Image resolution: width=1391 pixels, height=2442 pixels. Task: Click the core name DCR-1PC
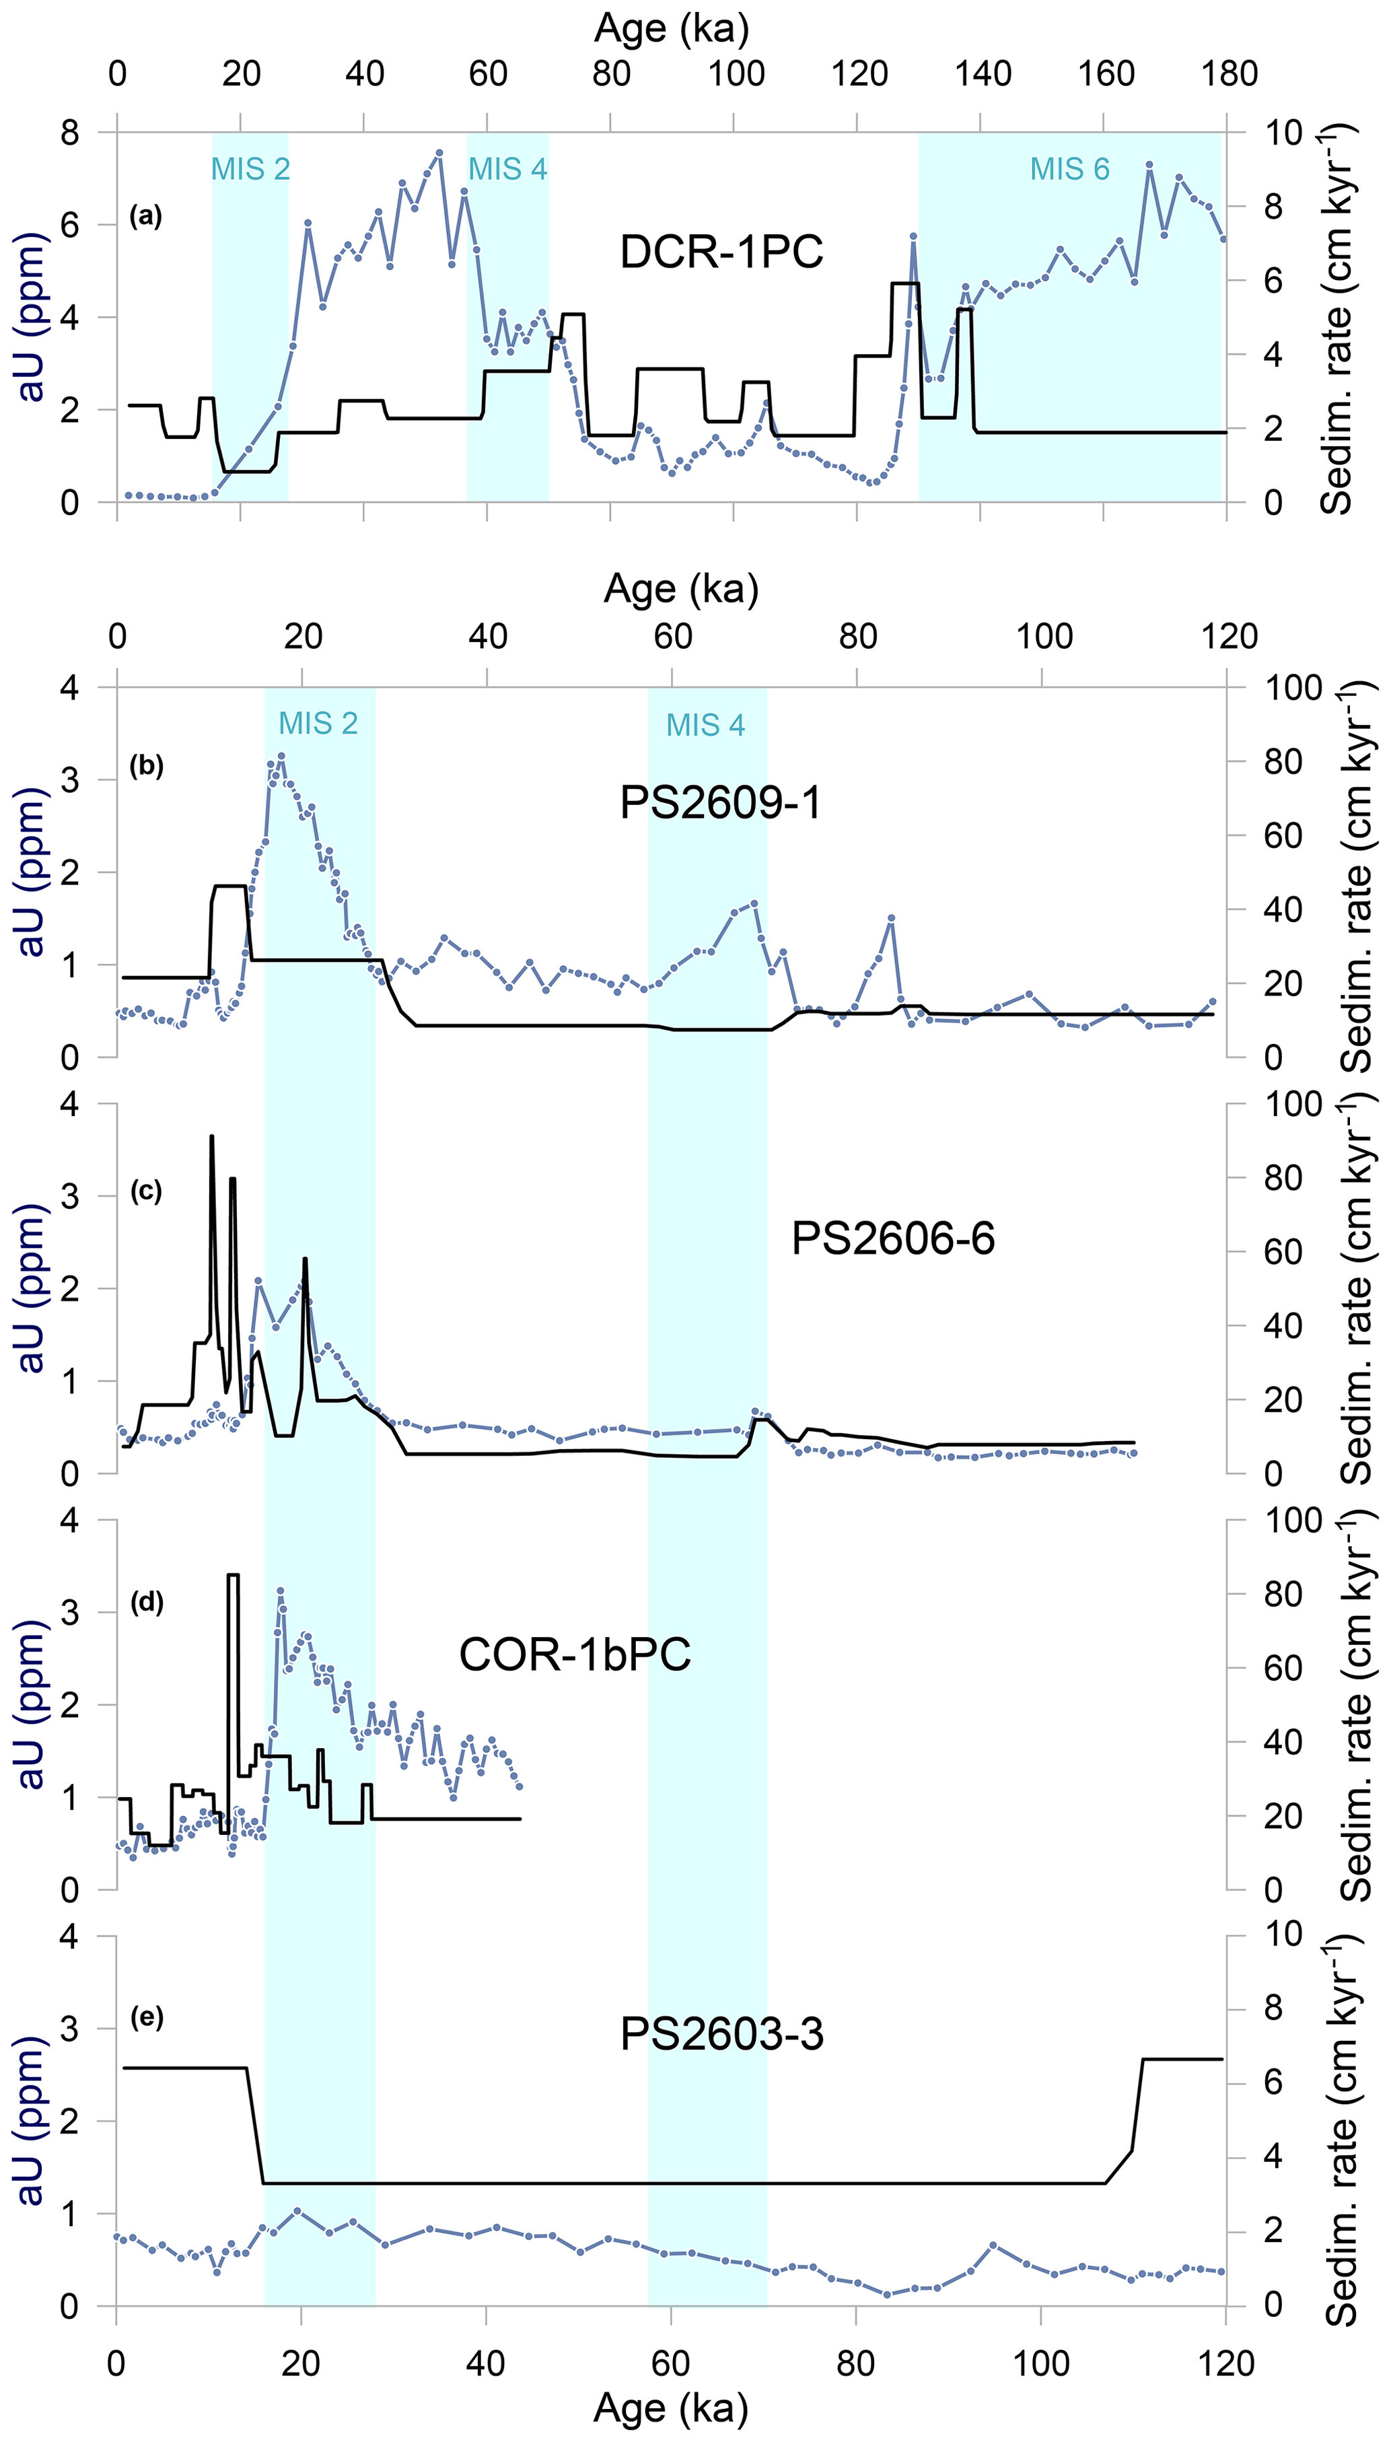pos(721,252)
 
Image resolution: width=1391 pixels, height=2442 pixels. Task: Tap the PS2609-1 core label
pos(720,802)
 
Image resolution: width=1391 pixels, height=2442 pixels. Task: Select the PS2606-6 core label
pos(892,1239)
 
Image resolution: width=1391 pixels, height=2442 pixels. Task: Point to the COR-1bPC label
pos(575,1654)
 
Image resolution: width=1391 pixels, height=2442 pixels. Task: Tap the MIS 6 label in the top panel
pos(1069,169)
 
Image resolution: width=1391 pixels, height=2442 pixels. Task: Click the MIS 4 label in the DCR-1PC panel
pos(507,169)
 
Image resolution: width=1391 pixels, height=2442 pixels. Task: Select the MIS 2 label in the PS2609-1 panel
pos(318,723)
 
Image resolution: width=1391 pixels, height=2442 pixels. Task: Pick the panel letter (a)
pos(146,217)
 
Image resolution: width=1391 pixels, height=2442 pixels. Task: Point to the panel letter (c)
pos(146,1191)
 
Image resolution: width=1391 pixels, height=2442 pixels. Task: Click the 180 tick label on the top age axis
pos(1229,73)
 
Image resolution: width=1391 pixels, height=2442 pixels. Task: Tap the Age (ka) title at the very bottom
pos(671,2408)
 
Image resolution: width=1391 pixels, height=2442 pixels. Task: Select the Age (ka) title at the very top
pos(672,29)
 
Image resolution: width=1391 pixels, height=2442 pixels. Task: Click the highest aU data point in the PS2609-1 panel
pos(281,757)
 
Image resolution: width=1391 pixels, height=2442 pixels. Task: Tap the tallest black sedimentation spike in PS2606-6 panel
pos(211,1137)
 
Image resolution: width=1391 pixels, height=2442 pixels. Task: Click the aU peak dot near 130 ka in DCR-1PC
pos(913,236)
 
